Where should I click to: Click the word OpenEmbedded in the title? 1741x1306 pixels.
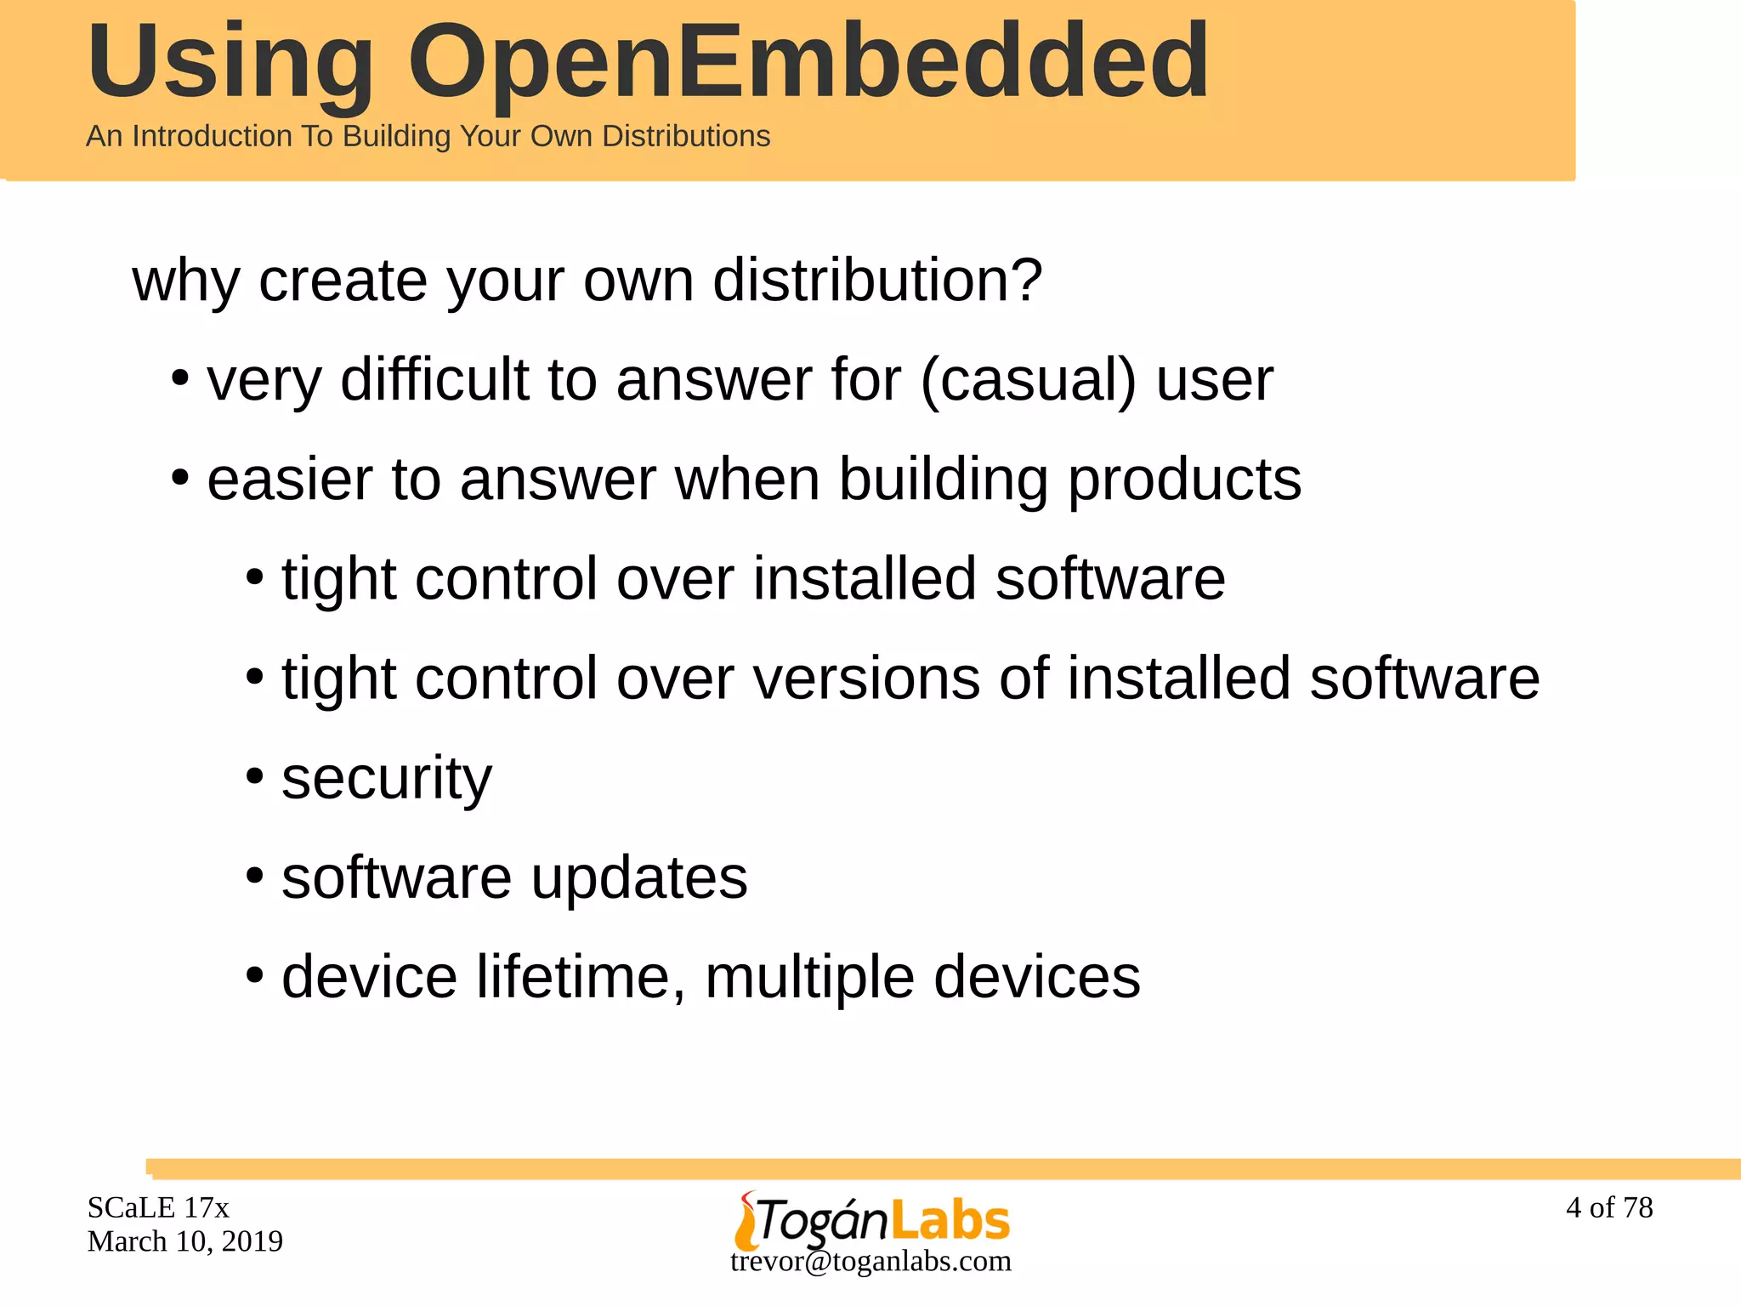[808, 61]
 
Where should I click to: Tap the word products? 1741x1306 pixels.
[1184, 480]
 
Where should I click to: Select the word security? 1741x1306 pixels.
[387, 777]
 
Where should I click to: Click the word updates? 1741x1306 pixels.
[639, 877]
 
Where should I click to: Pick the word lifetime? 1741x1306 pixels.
[581, 977]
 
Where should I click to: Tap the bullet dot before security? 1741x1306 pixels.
[254, 775]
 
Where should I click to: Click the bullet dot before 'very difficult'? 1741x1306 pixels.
[179, 378]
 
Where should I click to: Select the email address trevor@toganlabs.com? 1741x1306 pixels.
[870, 1261]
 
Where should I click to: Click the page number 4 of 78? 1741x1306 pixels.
[1609, 1207]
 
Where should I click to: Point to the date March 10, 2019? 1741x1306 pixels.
[185, 1241]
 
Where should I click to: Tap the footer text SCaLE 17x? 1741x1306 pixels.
[158, 1207]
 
